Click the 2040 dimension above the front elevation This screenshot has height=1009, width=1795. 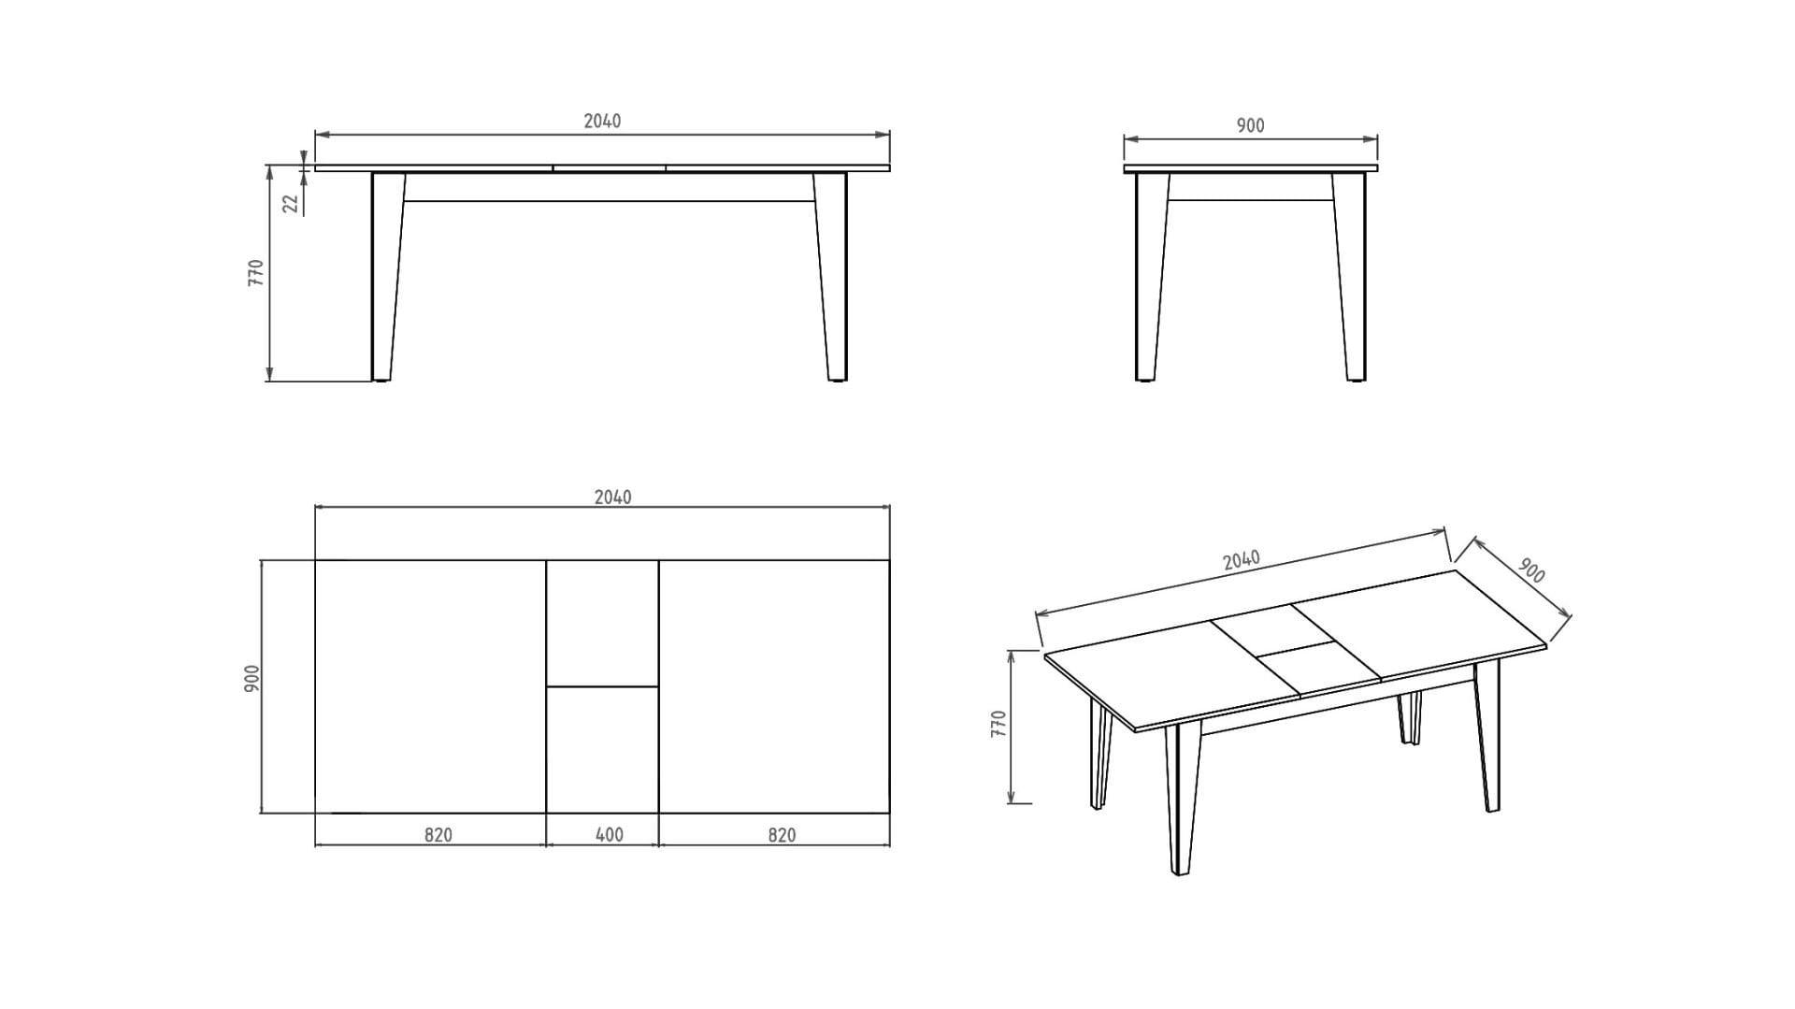602,121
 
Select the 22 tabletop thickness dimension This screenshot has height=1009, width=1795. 291,202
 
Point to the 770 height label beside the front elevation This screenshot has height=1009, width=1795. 256,272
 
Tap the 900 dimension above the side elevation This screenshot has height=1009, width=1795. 1250,125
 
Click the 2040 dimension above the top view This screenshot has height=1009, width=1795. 612,497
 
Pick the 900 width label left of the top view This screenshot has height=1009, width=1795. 251,679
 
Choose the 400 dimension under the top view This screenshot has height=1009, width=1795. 609,834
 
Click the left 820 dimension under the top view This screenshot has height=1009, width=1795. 438,834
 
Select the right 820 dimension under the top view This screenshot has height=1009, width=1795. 782,834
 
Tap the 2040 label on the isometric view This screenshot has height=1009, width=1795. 1241,560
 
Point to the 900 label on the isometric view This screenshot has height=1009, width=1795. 1530,570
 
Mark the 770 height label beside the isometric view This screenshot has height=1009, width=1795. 998,724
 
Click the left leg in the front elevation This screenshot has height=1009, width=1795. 386,277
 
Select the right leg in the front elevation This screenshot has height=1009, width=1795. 831,277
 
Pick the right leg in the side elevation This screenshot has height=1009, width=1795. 1349,277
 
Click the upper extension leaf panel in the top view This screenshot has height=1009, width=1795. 602,623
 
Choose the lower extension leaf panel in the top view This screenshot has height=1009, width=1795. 602,750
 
